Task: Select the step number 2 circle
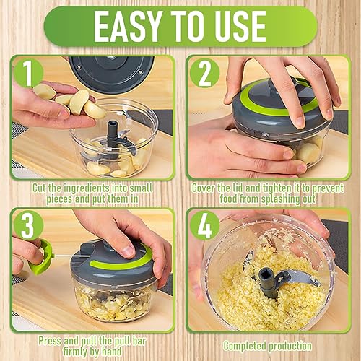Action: point(205,73)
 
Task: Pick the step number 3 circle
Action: point(28,226)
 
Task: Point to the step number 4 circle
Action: point(205,226)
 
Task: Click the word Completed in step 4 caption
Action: point(245,346)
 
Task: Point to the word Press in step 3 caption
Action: point(50,341)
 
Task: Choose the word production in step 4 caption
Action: point(290,346)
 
